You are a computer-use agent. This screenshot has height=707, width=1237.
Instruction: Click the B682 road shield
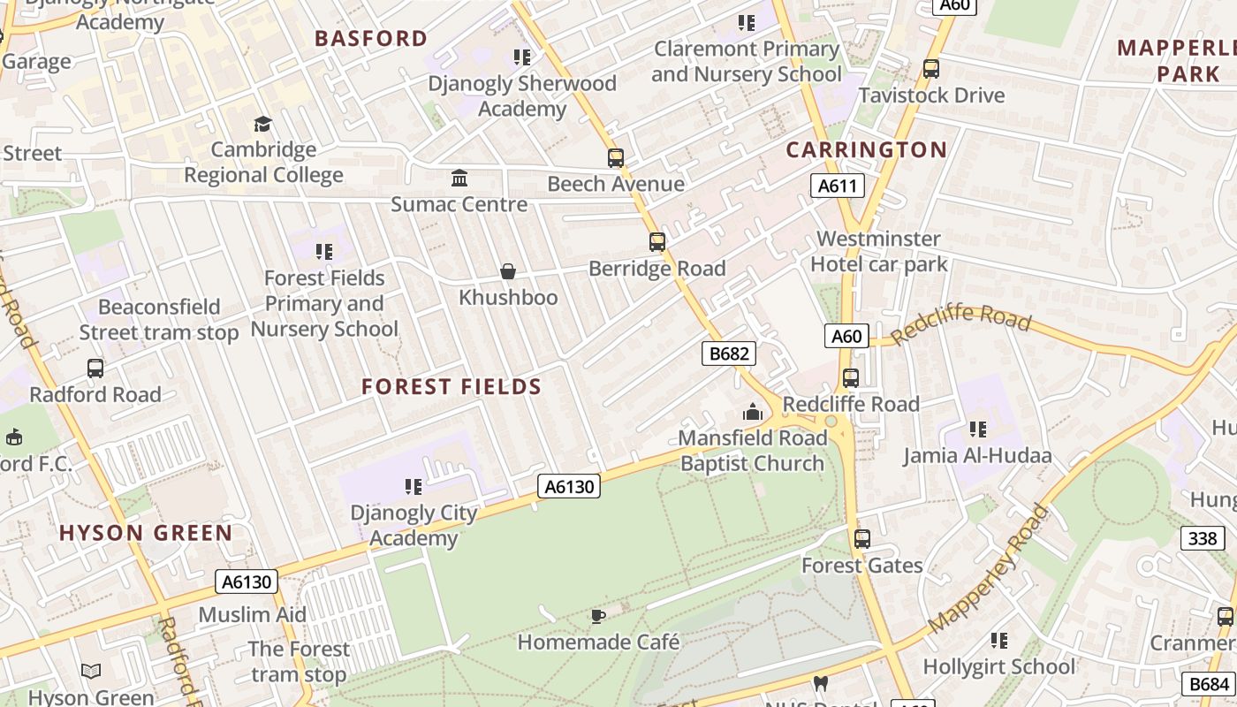coord(729,353)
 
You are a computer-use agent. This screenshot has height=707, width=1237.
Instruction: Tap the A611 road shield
coord(837,185)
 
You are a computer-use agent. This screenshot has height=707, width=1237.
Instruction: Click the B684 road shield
coord(1209,683)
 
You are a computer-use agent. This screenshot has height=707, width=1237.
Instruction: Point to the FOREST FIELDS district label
coord(452,387)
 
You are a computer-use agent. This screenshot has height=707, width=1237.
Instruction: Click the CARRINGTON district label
coord(866,150)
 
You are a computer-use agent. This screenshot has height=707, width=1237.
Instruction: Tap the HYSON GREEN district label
coord(146,533)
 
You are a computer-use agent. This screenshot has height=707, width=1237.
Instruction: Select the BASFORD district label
coord(371,39)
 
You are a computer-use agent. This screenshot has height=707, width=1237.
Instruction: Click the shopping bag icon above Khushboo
coord(508,271)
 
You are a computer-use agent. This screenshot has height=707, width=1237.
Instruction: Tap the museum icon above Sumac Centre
coord(459,179)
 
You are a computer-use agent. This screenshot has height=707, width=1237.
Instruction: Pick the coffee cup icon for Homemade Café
coord(598,616)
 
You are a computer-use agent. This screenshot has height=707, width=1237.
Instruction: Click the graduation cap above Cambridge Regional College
coord(262,124)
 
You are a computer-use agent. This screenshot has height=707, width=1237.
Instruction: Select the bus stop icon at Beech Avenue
coord(616,158)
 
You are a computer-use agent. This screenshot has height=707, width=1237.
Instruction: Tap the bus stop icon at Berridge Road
coord(656,242)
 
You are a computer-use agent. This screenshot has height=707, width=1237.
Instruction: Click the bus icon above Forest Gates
coord(861,538)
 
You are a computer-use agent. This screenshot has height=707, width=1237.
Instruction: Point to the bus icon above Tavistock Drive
coord(930,69)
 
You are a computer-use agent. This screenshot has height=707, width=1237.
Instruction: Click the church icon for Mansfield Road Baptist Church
coord(753,412)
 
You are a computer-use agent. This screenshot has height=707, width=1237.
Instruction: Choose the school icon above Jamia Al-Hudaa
coord(977,430)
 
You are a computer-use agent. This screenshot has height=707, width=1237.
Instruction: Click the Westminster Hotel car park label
coord(878,251)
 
